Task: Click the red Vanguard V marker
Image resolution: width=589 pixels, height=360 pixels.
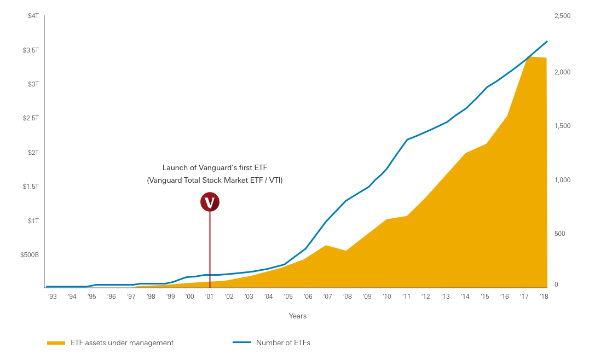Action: pos(210,202)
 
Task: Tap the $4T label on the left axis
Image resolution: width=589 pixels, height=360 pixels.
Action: pos(33,16)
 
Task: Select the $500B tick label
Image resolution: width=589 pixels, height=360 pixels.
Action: pos(30,255)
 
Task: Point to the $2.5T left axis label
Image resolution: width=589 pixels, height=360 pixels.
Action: pos(31,118)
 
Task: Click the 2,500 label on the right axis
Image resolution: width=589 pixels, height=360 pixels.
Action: pos(562,16)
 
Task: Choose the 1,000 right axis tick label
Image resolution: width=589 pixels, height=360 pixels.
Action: pos(562,180)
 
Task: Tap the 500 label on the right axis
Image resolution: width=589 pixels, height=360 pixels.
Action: pos(559,234)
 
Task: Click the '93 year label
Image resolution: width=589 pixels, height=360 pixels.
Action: pos(53,297)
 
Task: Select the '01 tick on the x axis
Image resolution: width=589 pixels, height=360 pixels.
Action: pos(209,297)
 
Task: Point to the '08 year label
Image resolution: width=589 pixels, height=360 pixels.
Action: pos(347,297)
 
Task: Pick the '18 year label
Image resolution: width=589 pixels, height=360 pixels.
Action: pos(544,297)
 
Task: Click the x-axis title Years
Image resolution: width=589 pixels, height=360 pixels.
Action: pos(298,316)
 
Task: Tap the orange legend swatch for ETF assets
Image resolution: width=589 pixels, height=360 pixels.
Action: pos(56,343)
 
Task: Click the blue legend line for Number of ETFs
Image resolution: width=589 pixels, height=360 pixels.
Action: pos(241,343)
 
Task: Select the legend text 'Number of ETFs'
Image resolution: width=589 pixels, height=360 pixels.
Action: pos(283,343)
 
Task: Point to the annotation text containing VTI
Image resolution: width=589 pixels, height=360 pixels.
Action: pos(215,180)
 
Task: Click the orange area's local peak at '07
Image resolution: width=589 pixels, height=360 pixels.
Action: pos(326,246)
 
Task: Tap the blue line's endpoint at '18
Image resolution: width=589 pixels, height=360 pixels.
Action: pos(547,41)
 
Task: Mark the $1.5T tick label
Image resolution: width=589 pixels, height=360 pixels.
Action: pos(31,187)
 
